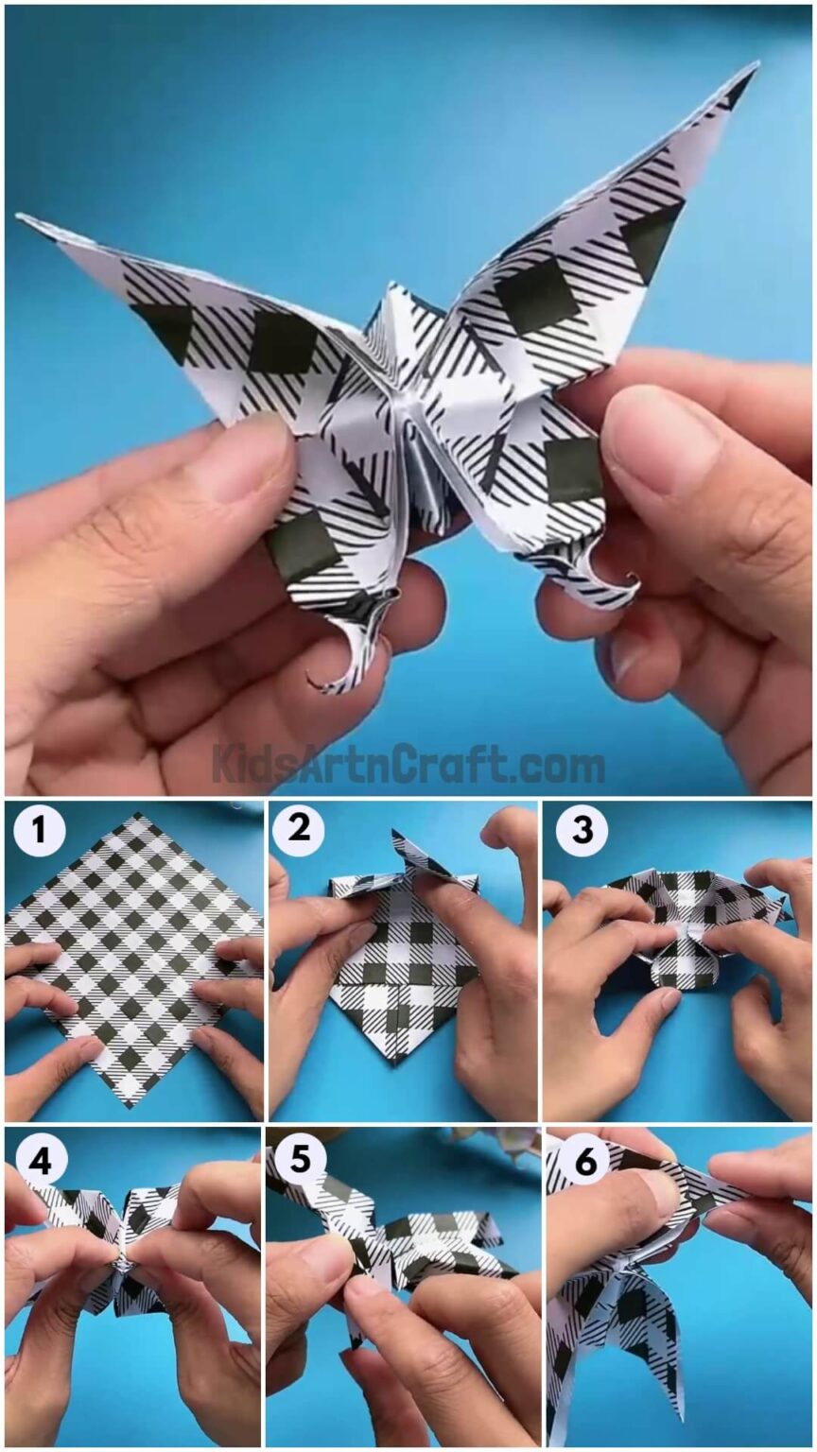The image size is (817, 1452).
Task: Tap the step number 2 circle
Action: coord(299,831)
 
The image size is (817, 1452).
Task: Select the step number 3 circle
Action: coord(582,831)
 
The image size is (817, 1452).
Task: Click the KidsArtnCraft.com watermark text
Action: coord(408,764)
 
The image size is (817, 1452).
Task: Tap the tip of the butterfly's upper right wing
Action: coord(754,68)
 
